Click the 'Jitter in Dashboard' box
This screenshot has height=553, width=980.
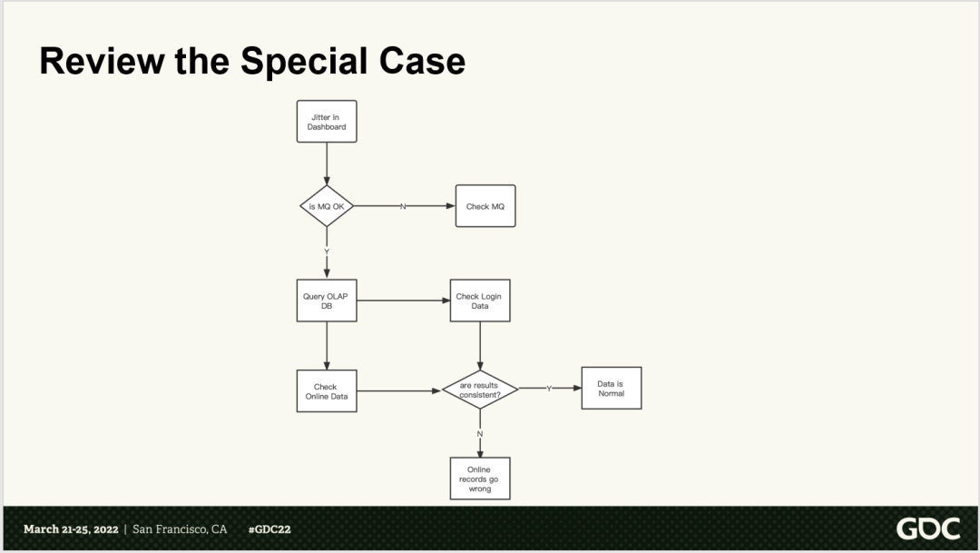[x=327, y=122]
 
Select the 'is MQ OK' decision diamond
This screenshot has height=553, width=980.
[x=327, y=206]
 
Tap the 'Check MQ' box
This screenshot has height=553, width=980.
[x=485, y=206]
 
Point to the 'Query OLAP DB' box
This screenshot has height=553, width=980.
[x=327, y=301]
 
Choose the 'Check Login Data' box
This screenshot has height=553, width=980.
[x=480, y=301]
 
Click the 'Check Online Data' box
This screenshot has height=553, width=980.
[x=327, y=391]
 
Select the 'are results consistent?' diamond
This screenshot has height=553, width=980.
[x=480, y=390]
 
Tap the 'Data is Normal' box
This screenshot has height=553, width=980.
[x=611, y=389]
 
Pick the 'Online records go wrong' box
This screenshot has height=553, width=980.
[x=480, y=479]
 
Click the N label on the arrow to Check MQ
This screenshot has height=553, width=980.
[x=403, y=206]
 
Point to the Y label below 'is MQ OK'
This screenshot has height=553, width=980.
[x=327, y=251]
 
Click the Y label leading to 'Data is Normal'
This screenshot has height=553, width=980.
[x=548, y=389]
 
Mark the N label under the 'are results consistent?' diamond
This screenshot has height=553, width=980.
[x=480, y=433]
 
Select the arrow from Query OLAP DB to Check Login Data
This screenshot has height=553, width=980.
[x=404, y=301]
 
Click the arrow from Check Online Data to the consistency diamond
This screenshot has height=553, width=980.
[x=399, y=391]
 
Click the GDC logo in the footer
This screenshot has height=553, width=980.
[x=927, y=528]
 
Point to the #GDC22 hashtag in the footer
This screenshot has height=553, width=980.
[x=269, y=529]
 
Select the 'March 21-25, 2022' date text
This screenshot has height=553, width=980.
[x=71, y=529]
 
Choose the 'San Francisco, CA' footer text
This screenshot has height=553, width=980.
[x=180, y=529]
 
